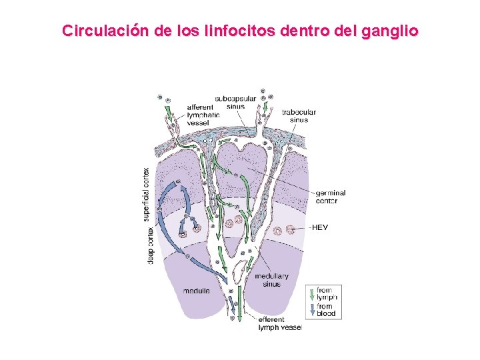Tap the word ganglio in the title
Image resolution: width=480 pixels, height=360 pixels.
tap(389, 31)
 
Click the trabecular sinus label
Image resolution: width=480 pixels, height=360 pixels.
tap(299, 116)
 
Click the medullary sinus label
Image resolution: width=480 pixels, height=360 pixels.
tap(271, 280)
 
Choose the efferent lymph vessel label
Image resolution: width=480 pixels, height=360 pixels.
tap(280, 324)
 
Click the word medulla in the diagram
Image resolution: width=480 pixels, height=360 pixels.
tap(197, 291)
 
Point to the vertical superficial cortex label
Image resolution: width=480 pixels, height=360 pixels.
tap(147, 195)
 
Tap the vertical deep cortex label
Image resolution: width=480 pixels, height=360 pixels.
tap(150, 246)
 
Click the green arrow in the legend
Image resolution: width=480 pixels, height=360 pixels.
tap(311, 294)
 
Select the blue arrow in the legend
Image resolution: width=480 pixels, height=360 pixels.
tap(311, 310)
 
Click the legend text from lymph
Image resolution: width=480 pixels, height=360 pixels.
tap(327, 294)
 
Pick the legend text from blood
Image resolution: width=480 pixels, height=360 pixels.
tap(327, 310)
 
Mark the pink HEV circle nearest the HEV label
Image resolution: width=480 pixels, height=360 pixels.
tap(290, 231)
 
